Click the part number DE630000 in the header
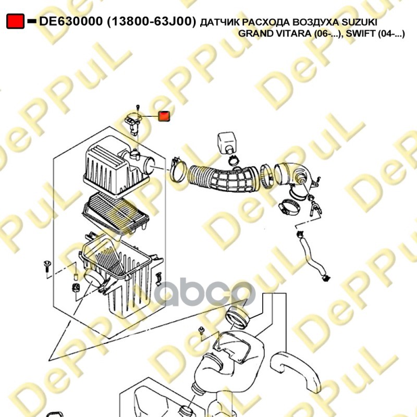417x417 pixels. tap(70, 21)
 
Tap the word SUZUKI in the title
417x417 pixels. tap(359, 22)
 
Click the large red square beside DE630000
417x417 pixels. tap(16, 21)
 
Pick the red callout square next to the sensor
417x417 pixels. tap(164, 116)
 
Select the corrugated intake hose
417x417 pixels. tap(223, 178)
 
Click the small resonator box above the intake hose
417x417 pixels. tap(227, 142)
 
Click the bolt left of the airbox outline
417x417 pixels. tap(47, 266)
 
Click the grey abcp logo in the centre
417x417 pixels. tap(204, 292)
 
